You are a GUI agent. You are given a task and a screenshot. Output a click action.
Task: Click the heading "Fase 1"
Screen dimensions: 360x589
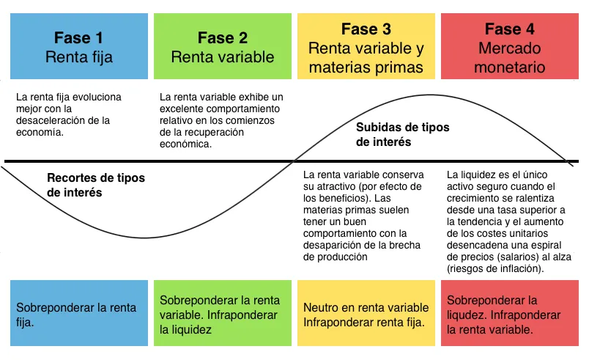pos(78,37)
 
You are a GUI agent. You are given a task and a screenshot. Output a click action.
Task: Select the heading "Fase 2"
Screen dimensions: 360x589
pos(222,37)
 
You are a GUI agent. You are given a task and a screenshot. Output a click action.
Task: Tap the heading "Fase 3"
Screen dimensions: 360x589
pos(366,29)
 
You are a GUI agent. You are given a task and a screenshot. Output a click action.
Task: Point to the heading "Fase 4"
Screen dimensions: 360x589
pos(509,29)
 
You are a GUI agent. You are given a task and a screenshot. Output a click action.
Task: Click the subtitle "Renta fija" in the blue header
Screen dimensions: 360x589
pos(78,56)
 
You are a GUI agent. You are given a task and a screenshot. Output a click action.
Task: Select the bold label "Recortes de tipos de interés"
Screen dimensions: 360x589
pos(95,185)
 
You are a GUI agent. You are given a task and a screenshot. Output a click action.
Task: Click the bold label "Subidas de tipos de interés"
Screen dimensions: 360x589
pos(402,134)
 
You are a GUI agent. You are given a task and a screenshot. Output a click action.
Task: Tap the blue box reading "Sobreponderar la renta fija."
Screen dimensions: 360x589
pos(77,315)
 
